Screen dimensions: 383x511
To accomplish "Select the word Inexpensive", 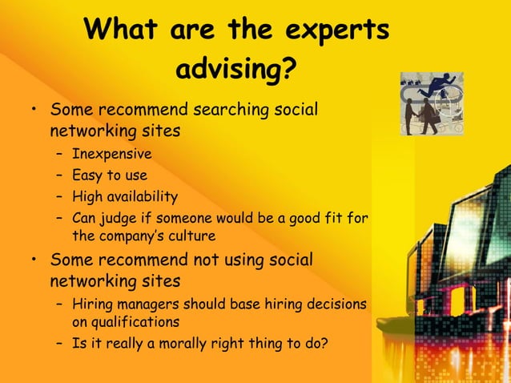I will (111, 154).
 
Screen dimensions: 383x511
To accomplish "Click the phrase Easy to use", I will (110, 175).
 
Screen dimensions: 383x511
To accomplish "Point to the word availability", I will (144, 196).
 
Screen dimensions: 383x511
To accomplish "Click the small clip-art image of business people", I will (433, 104).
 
